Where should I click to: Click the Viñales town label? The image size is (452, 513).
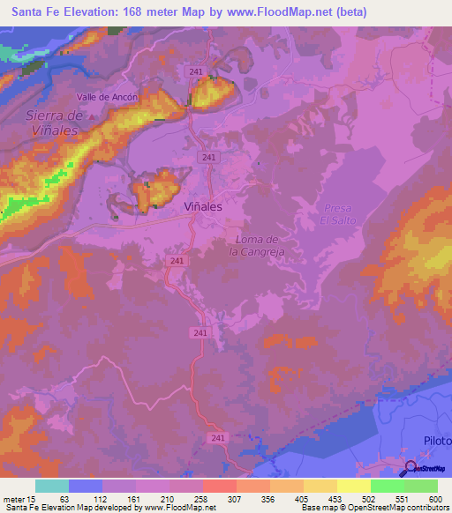point(202,205)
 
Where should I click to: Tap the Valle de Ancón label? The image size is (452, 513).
point(106,97)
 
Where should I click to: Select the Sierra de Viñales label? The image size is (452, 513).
point(53,123)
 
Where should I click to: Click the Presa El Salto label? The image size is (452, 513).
point(337,212)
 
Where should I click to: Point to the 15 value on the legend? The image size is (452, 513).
point(33,499)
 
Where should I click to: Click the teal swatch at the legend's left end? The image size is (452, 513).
point(52,486)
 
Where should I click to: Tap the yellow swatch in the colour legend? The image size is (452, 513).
point(354,486)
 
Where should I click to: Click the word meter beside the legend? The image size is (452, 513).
point(13,499)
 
